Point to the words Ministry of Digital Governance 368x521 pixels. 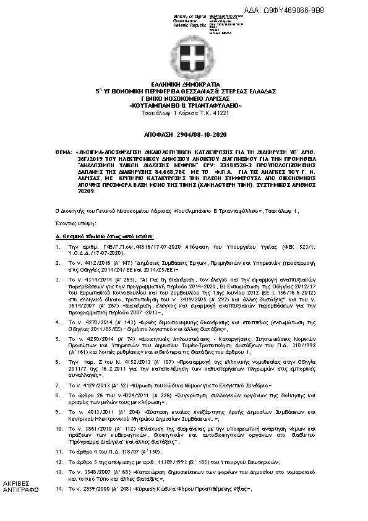pos(186,19)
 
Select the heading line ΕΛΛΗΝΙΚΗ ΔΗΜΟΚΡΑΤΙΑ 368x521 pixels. pos(184,84)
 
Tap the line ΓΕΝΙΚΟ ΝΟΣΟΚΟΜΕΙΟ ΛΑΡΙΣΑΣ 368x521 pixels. pos(184,98)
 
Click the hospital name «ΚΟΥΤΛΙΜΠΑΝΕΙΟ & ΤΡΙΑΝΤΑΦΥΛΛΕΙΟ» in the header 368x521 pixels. pos(184,105)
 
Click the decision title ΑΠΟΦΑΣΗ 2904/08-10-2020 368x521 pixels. pos(184,134)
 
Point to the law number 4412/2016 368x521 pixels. pos(93,262)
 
